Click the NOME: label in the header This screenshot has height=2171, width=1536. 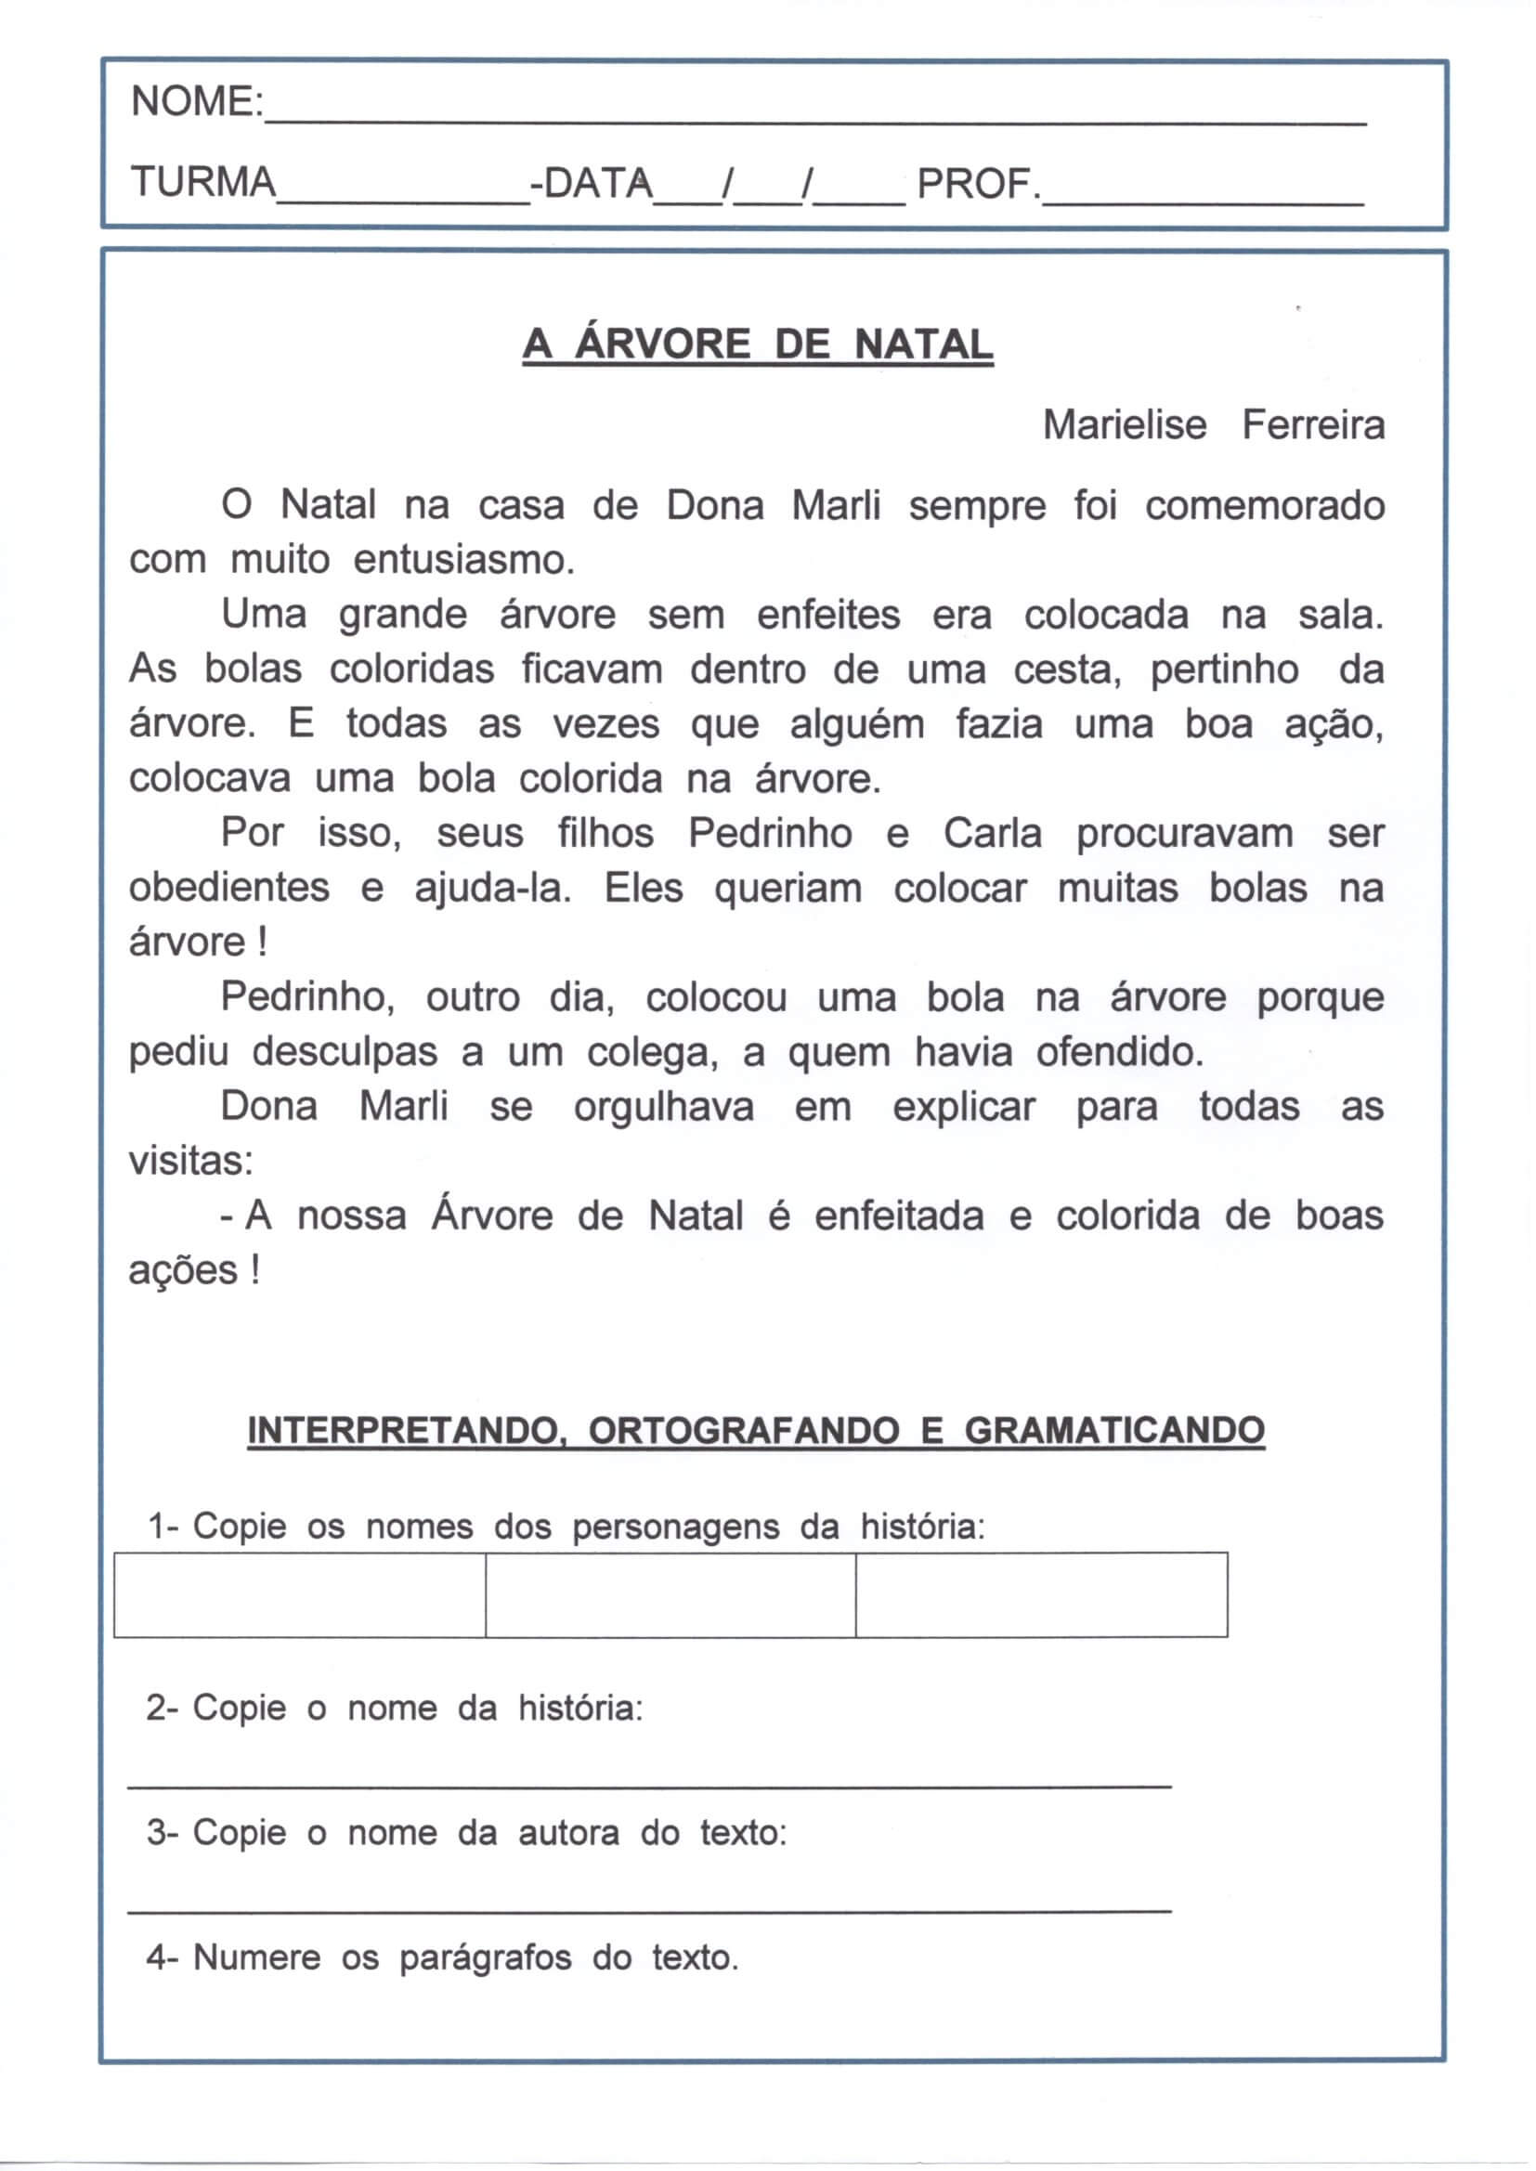[197, 101]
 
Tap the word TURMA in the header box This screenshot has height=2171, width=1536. [203, 182]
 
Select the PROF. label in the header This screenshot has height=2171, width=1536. [978, 184]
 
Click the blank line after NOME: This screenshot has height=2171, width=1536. [814, 118]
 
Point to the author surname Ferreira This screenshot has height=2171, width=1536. [1312, 425]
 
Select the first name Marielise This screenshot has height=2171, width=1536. [1125, 425]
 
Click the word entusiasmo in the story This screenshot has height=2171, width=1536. [463, 561]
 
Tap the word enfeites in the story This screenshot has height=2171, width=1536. [827, 616]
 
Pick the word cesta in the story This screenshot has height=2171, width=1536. [1068, 670]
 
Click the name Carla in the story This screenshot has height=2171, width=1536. [992, 834]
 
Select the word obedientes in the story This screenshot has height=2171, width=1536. [228, 888]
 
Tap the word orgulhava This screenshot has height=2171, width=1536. [663, 1107]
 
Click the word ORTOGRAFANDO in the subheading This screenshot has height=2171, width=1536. [743, 1431]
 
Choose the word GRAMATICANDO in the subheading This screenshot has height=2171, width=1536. [1113, 1431]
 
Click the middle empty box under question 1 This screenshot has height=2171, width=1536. [670, 1595]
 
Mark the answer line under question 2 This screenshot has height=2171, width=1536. [649, 1785]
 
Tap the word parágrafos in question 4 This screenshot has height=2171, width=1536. [484, 1957]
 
